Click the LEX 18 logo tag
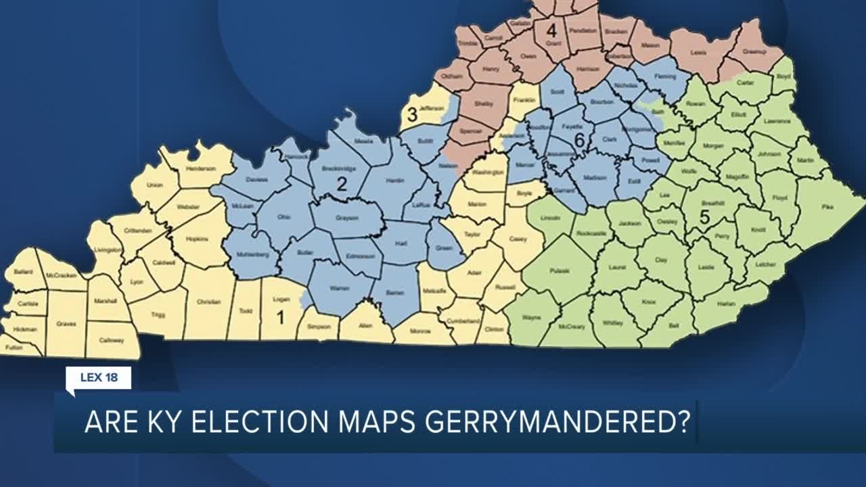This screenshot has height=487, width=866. click(99, 377)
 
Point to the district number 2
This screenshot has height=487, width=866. click(342, 183)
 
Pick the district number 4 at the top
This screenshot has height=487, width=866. click(551, 30)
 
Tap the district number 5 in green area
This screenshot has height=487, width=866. click(704, 218)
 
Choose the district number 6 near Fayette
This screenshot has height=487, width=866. click(578, 140)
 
